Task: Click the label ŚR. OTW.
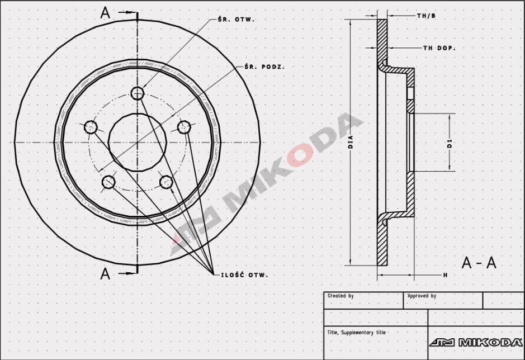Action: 236,19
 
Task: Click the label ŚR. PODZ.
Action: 264,67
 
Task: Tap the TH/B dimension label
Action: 426,16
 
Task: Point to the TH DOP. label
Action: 439,49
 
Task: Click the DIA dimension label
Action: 351,142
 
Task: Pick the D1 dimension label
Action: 450,143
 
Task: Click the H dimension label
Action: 445,275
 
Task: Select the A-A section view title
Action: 479,263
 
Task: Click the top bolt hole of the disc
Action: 137,93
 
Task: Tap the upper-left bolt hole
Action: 91,127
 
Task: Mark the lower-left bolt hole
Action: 108,182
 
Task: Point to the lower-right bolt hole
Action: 166,182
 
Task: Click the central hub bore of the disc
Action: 137,143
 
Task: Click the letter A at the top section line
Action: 105,13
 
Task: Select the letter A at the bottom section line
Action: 105,273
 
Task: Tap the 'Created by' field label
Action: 340,296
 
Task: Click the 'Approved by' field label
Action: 422,296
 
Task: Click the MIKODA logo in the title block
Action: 476,342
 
